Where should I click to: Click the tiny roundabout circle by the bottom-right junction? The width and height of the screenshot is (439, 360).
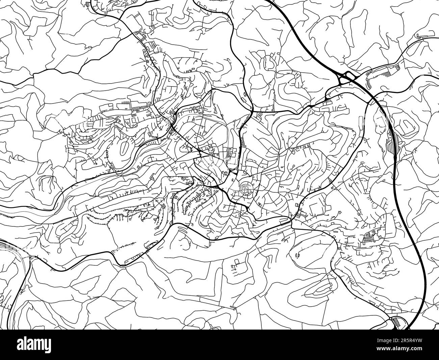(x=391, y=319)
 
